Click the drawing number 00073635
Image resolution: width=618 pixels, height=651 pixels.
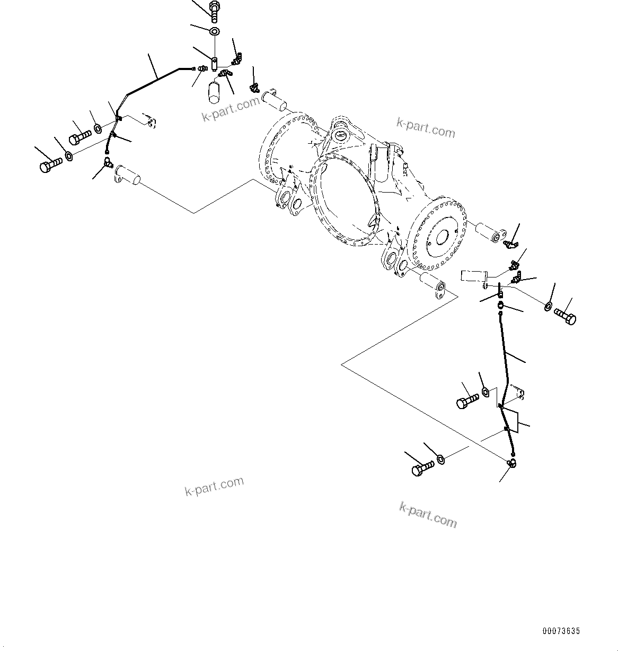tap(561, 631)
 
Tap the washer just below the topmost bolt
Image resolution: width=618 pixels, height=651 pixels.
tap(215, 31)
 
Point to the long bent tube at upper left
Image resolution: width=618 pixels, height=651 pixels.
tap(154, 80)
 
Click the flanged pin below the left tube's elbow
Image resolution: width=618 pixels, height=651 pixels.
tap(128, 175)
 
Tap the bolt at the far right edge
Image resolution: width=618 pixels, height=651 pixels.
tap(565, 317)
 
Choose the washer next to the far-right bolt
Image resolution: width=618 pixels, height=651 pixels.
tap(548, 306)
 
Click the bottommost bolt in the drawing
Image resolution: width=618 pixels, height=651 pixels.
tap(422, 468)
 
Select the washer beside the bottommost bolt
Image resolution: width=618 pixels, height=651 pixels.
tap(440, 459)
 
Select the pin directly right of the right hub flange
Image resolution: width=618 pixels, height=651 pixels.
tap(490, 233)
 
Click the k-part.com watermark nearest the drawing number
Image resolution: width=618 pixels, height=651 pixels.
tap(428, 515)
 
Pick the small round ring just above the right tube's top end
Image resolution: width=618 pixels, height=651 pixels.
tap(501, 305)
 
